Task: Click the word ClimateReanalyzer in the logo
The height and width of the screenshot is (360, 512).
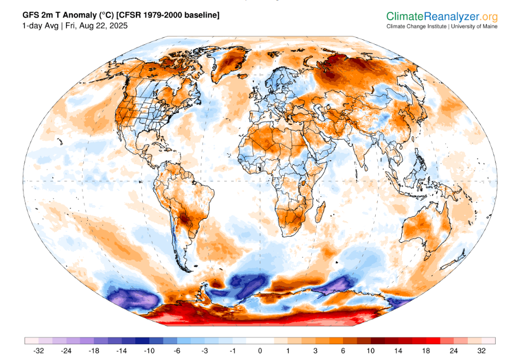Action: click(x=429, y=17)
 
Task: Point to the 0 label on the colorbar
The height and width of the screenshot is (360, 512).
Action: click(x=260, y=350)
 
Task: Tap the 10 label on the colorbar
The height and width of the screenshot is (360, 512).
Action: click(x=371, y=350)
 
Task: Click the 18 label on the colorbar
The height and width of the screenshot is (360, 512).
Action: click(x=427, y=350)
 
